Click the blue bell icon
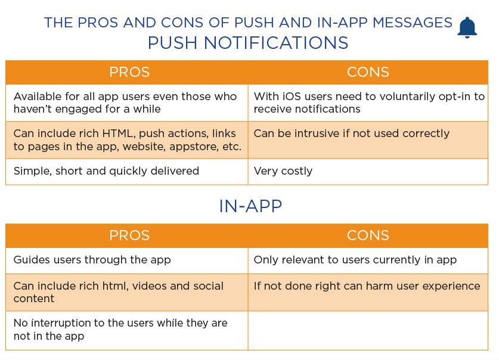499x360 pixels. (x=467, y=27)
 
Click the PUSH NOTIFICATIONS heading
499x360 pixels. (x=248, y=43)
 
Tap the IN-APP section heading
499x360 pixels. (x=250, y=206)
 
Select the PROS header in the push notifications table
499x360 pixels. (x=129, y=72)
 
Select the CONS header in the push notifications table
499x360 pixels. (x=368, y=72)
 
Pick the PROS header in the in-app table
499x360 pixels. (x=129, y=235)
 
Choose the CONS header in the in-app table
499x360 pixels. (x=368, y=235)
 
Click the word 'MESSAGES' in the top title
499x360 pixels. (x=413, y=23)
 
